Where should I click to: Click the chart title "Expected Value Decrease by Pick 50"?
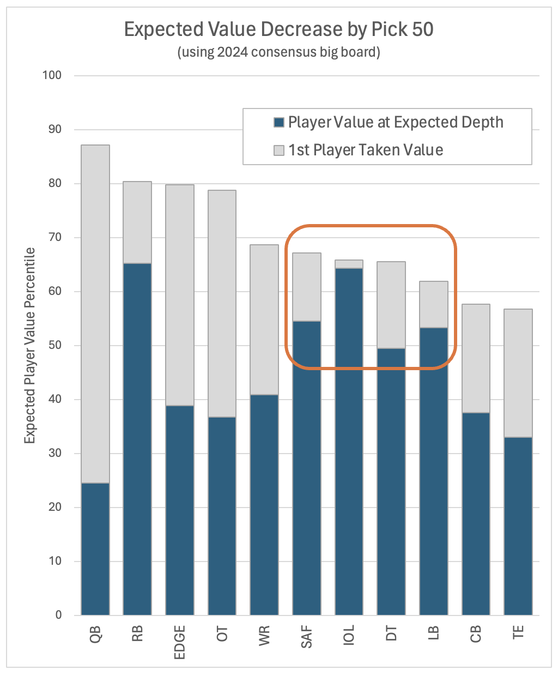pos(278,29)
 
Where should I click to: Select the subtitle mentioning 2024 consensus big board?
pos(278,52)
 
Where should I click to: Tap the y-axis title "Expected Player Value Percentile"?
pos(30,345)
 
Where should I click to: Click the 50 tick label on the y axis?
pos(56,345)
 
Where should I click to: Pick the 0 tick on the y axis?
pos(59,615)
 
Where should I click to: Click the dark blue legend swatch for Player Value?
pos(279,123)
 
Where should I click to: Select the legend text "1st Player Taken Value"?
pos(366,150)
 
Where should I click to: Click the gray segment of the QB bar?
pos(95,313)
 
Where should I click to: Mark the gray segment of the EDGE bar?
pos(180,295)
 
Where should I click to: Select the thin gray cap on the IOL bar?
pos(349,264)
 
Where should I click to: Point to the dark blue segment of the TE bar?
pos(518,526)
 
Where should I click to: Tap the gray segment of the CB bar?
pos(476,358)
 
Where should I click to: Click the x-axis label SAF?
pos(307,637)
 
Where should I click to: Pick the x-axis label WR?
pos(264,636)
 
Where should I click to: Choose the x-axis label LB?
pos(434,634)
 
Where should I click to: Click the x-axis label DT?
pos(391,634)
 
